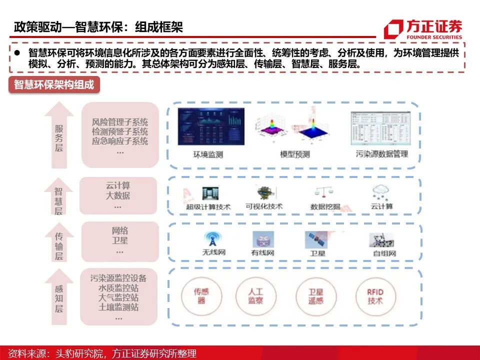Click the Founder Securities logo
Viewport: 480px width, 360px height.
click(x=423, y=28)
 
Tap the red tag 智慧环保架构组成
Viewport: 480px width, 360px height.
click(x=54, y=84)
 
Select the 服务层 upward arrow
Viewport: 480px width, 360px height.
click(x=59, y=135)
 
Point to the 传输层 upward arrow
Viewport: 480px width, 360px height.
click(x=58, y=242)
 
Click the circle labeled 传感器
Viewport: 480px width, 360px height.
click(x=201, y=296)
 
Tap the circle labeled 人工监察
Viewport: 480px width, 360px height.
click(x=255, y=296)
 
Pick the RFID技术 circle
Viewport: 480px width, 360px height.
click(x=375, y=296)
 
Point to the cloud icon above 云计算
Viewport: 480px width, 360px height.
click(x=382, y=192)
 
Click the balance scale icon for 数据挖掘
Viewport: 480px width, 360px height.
click(x=324, y=192)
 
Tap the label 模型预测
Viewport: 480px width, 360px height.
click(x=294, y=154)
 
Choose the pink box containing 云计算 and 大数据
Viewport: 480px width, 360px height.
click(x=117, y=195)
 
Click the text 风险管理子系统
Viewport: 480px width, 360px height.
click(x=120, y=122)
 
